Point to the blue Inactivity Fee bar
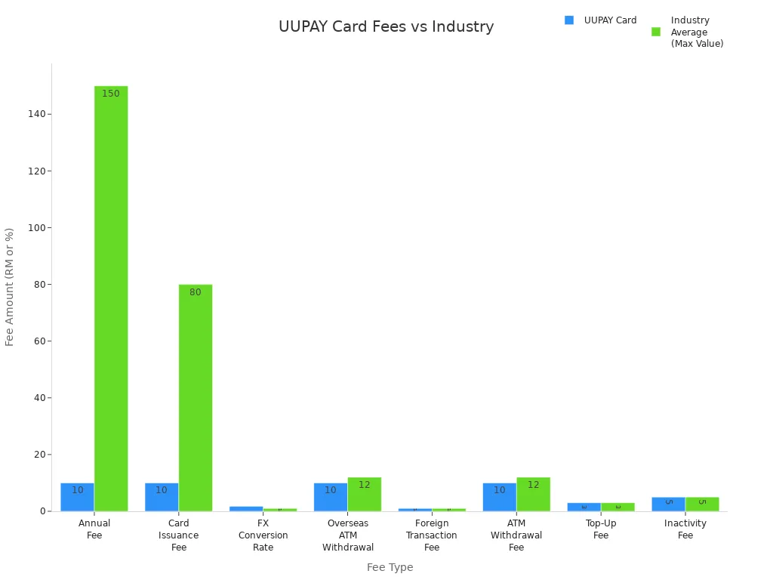click(x=668, y=504)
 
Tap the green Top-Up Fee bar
click(x=617, y=507)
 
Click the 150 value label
click(x=111, y=94)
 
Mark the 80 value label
click(x=196, y=292)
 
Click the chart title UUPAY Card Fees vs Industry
click(x=386, y=27)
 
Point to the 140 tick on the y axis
click(x=36, y=114)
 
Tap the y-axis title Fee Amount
click(x=10, y=287)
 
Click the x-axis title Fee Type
click(x=390, y=567)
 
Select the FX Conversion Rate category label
click(x=263, y=535)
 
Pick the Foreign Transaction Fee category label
click(x=432, y=535)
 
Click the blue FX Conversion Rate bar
click(x=246, y=508)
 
